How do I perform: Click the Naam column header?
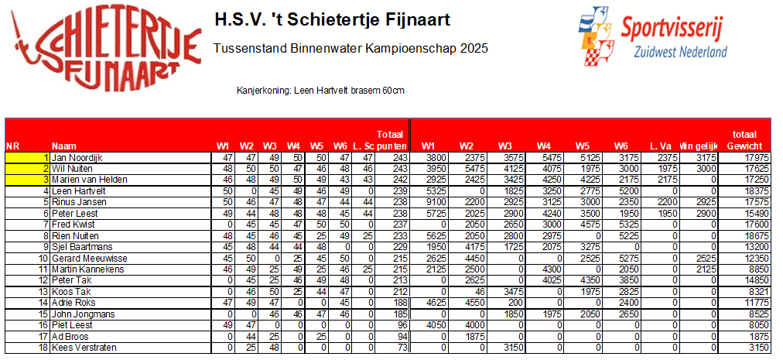point(63,146)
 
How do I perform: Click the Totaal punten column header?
point(391,140)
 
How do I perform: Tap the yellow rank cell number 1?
point(28,157)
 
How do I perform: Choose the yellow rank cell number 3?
point(28,180)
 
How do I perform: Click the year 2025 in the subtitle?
point(474,50)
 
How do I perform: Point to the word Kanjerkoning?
point(263,91)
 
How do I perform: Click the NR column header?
point(12,146)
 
